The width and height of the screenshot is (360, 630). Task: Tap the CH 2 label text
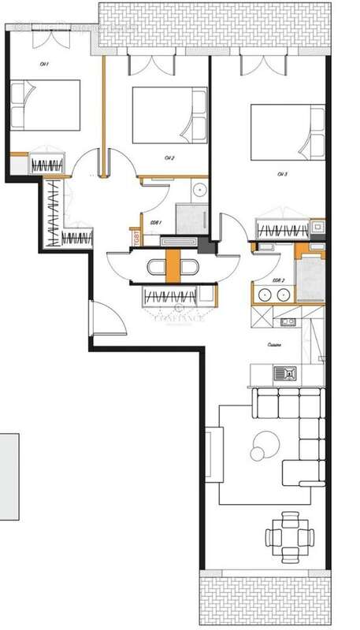click(169, 158)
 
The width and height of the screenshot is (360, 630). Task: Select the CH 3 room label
click(282, 173)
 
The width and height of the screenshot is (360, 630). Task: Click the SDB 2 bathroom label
click(277, 281)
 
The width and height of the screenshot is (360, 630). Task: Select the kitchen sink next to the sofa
click(284, 373)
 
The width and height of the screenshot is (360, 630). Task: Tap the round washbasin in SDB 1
click(200, 190)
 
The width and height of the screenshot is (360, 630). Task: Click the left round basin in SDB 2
click(262, 295)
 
